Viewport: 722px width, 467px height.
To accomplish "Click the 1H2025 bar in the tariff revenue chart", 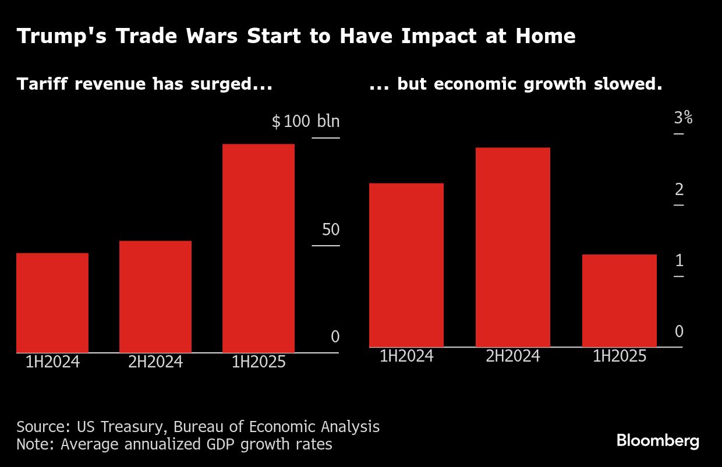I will (x=259, y=248).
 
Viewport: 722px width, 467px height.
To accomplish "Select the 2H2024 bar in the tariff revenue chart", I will (x=155, y=296).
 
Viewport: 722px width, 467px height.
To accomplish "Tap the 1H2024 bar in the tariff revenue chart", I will (x=52, y=303).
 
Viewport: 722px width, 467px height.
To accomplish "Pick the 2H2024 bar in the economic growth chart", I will (x=512, y=247).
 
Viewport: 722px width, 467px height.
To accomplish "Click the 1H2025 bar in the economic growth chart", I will (x=619, y=300).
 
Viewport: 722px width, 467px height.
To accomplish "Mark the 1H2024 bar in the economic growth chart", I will (x=406, y=265).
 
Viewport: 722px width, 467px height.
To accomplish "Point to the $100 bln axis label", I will (x=306, y=122).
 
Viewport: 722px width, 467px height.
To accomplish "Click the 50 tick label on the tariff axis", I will (x=331, y=229).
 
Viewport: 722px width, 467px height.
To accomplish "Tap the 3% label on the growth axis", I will (x=683, y=118).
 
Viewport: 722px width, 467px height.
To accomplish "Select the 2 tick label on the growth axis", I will (x=679, y=189).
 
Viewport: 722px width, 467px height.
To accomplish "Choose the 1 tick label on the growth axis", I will (x=679, y=261).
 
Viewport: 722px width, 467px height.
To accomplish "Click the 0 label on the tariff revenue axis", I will (x=335, y=337).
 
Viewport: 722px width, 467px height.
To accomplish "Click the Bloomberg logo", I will (x=658, y=440).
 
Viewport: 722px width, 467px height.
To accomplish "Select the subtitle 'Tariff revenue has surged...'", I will (x=144, y=84).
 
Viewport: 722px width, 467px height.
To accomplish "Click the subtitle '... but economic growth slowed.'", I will (x=516, y=84).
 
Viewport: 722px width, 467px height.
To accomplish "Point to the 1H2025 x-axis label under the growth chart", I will (x=619, y=356).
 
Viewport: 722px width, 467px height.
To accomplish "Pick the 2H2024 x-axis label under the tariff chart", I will (x=155, y=362).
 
